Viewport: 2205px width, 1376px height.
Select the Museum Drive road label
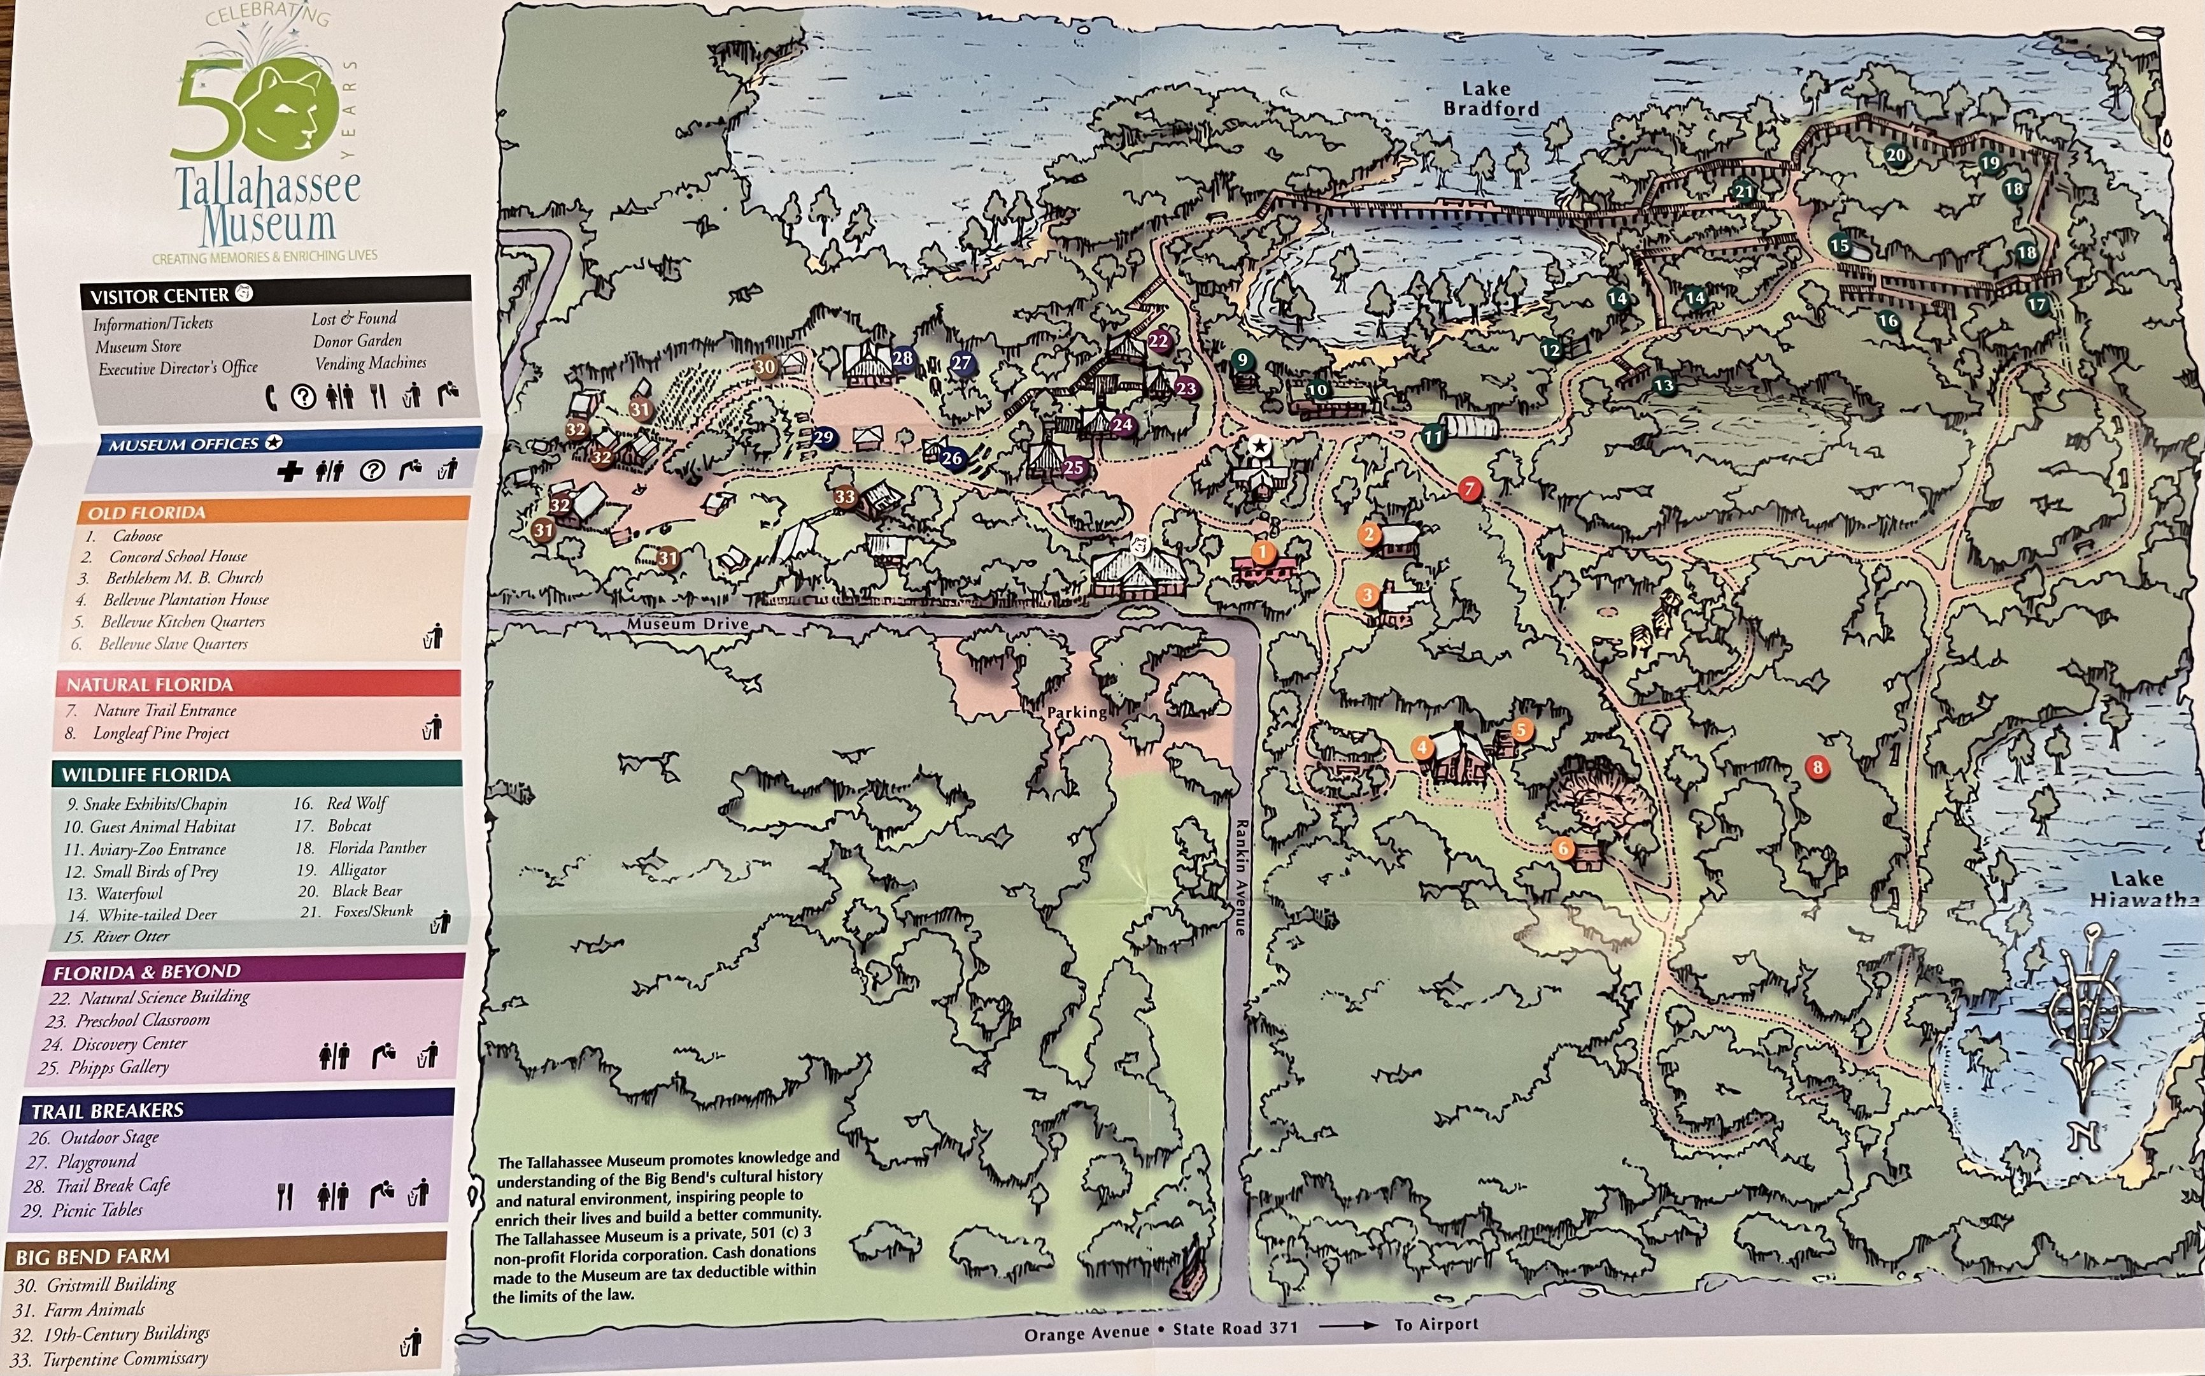tap(687, 624)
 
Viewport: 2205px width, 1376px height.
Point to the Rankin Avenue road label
tap(1239, 877)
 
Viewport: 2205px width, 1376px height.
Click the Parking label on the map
tap(1076, 712)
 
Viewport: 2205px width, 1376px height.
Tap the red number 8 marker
tap(1817, 767)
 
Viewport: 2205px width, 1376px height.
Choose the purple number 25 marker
tap(1074, 468)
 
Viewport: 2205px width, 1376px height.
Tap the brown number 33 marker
tap(845, 496)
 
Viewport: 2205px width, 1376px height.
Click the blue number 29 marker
tap(823, 438)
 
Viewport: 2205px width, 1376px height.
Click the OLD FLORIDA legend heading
tap(146, 512)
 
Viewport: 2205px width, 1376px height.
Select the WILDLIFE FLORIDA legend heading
tap(146, 775)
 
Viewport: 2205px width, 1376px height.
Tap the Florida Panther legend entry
tap(376, 848)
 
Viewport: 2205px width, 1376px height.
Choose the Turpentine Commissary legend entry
tap(125, 1359)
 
